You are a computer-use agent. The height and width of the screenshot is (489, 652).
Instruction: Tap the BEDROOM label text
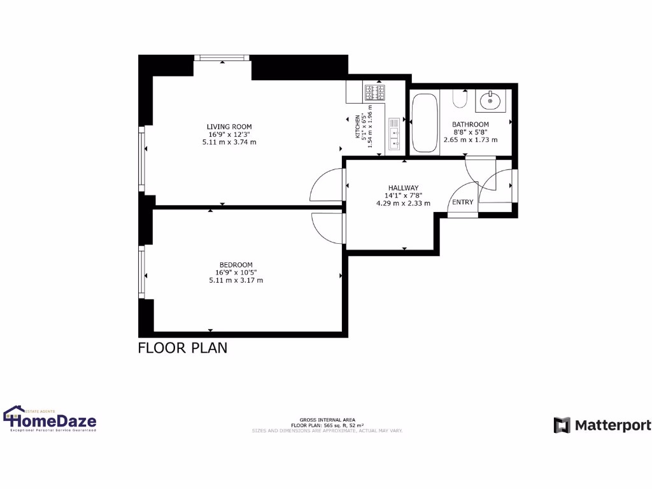(x=236, y=265)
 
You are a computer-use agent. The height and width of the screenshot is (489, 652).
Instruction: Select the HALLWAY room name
(x=403, y=188)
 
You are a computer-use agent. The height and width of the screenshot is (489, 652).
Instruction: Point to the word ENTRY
(x=462, y=202)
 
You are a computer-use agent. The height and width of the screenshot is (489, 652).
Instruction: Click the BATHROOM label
(x=470, y=125)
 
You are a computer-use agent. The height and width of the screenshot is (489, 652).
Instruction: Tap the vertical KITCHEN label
(x=357, y=127)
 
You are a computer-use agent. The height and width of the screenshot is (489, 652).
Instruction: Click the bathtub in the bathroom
(x=424, y=123)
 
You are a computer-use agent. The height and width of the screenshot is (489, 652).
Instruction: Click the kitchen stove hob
(x=375, y=93)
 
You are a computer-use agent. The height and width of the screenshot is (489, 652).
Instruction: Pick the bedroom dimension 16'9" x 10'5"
(x=236, y=273)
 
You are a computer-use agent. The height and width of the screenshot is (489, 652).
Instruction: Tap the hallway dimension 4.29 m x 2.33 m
(x=403, y=204)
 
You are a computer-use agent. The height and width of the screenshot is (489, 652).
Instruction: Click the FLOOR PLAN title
(x=183, y=348)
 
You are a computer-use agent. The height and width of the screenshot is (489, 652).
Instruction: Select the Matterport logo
(x=602, y=425)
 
